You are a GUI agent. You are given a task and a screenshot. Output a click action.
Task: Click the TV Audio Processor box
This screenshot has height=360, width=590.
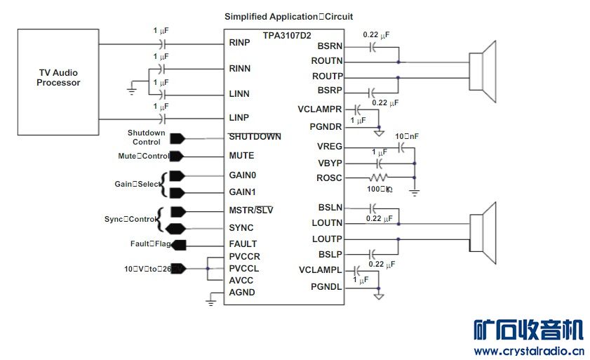pyautogui.click(x=58, y=81)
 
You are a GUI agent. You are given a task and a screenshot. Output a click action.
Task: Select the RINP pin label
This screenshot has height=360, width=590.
pyautogui.click(x=240, y=43)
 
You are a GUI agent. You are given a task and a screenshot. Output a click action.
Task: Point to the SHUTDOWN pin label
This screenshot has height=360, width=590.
pyautogui.click(x=255, y=137)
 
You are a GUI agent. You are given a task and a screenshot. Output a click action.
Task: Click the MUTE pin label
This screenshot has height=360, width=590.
pyautogui.click(x=241, y=156)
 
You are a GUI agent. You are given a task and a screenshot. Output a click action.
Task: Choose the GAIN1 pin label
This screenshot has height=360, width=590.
pyautogui.click(x=243, y=192)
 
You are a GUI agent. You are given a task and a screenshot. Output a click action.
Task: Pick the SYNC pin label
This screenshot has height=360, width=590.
pyautogui.click(x=241, y=228)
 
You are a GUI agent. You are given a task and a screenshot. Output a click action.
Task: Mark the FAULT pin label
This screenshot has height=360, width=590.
pyautogui.click(x=243, y=244)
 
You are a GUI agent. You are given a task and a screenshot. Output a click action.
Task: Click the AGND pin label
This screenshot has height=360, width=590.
pyautogui.click(x=242, y=293)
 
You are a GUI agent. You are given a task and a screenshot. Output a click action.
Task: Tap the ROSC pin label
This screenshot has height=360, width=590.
pyautogui.click(x=329, y=178)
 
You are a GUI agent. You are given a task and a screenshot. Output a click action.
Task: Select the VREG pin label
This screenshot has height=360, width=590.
pyautogui.click(x=329, y=146)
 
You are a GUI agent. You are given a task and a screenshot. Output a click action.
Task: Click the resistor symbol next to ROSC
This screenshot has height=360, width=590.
pyautogui.click(x=379, y=178)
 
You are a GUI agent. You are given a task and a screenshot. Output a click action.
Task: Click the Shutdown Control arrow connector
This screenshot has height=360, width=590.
pyautogui.click(x=177, y=138)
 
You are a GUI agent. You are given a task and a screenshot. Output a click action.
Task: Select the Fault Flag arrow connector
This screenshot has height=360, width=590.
pyautogui.click(x=178, y=245)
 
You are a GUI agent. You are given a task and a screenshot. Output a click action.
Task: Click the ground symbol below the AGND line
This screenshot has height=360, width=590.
pyautogui.click(x=210, y=302)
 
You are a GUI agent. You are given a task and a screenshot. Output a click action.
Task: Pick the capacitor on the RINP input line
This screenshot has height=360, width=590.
pyautogui.click(x=163, y=44)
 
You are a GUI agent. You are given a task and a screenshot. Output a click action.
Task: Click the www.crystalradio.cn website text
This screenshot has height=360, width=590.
pyautogui.click(x=529, y=351)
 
